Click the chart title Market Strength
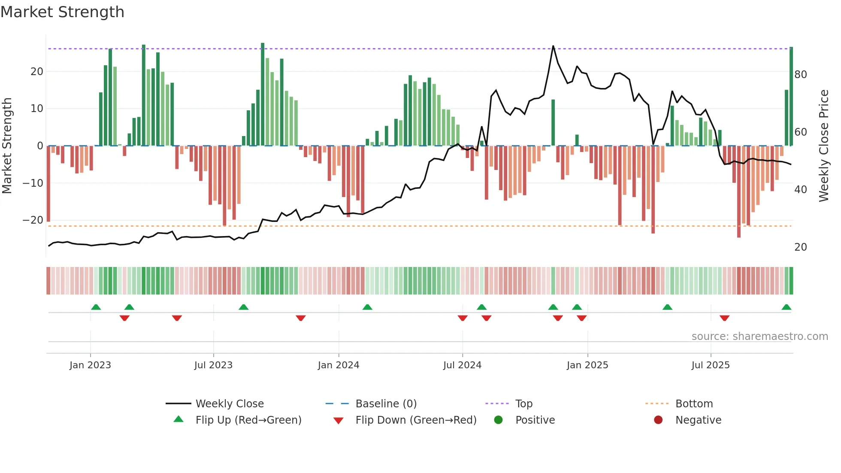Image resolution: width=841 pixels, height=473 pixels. tap(62, 12)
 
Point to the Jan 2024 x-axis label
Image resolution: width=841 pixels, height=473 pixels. tap(339, 365)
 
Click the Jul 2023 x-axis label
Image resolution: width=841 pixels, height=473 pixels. tap(213, 365)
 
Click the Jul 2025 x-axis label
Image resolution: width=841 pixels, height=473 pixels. tap(711, 365)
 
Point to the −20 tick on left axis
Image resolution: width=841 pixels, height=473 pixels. tap(33, 220)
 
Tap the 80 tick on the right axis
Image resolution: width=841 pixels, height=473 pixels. tap(801, 75)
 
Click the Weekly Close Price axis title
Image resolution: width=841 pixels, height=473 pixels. tap(824, 146)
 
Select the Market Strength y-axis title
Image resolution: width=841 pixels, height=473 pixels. tap(7, 146)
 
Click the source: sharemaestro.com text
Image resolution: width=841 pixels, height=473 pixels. tap(759, 337)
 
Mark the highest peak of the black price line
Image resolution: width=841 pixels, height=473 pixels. tap(553, 46)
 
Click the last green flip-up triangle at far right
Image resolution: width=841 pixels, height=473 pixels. tap(786, 307)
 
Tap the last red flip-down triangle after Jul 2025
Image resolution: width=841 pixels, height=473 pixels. tap(724, 318)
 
